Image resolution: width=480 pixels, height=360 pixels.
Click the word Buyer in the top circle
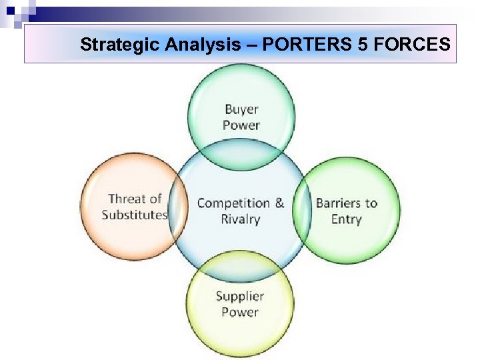tap(241, 109)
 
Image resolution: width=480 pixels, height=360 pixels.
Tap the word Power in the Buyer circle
tap(241, 125)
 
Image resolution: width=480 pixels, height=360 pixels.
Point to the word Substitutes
tap(135, 215)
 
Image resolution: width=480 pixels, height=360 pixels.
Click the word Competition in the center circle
tap(233, 203)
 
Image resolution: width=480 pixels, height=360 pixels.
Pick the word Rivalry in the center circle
tap(240, 219)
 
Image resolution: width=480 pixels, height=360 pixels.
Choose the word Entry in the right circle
tap(346, 219)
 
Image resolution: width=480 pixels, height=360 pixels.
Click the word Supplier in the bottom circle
tap(240, 296)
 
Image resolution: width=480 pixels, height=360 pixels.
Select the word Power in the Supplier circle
tap(240, 312)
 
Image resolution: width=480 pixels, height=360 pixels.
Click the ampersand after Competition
tap(279, 203)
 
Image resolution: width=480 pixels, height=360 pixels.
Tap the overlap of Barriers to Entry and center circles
tap(303, 211)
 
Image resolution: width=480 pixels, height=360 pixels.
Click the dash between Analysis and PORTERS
tap(253, 45)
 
